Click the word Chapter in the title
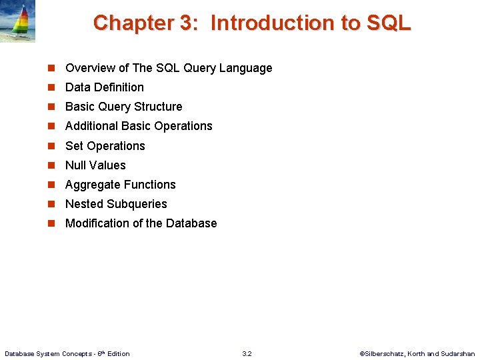133,23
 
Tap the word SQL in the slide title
388,23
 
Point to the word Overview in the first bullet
90,68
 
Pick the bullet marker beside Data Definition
51,87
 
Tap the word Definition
119,87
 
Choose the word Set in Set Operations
74,146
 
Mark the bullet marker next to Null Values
51,165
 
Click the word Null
75,165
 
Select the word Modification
97,223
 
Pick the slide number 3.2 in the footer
247,353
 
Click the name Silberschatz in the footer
388,353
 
